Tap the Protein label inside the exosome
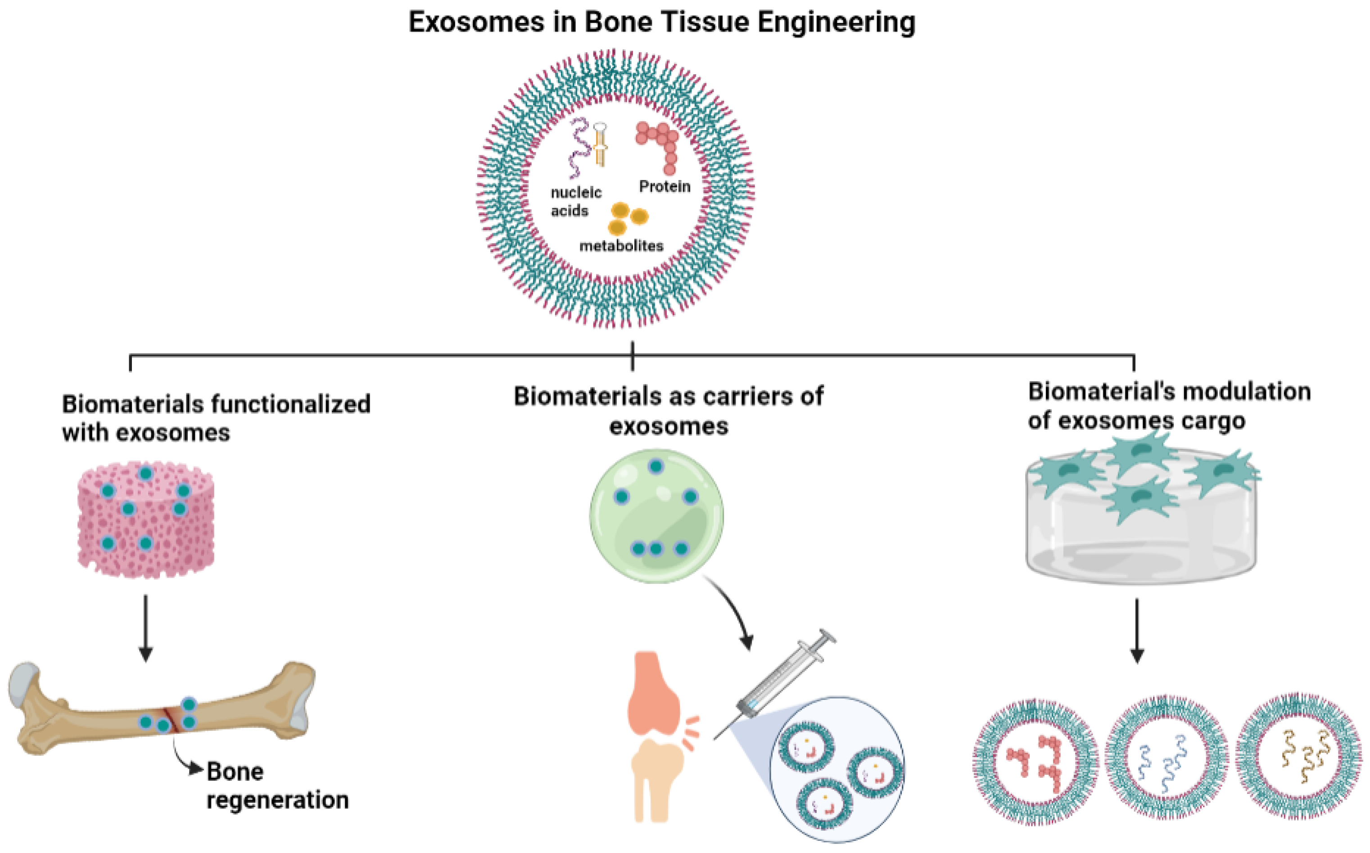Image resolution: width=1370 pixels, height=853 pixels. (665, 186)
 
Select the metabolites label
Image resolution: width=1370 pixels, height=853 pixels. (621, 246)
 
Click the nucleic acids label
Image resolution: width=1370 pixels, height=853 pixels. (575, 201)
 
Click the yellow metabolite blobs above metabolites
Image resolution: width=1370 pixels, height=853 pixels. (626, 218)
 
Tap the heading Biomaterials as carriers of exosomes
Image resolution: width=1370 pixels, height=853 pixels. (669, 411)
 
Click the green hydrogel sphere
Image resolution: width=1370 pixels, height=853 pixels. (656, 516)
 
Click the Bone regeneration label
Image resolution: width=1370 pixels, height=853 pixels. (276, 785)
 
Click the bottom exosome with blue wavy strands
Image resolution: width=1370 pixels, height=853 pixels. (1167, 758)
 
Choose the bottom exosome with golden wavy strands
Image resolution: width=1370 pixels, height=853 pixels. (1298, 756)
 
